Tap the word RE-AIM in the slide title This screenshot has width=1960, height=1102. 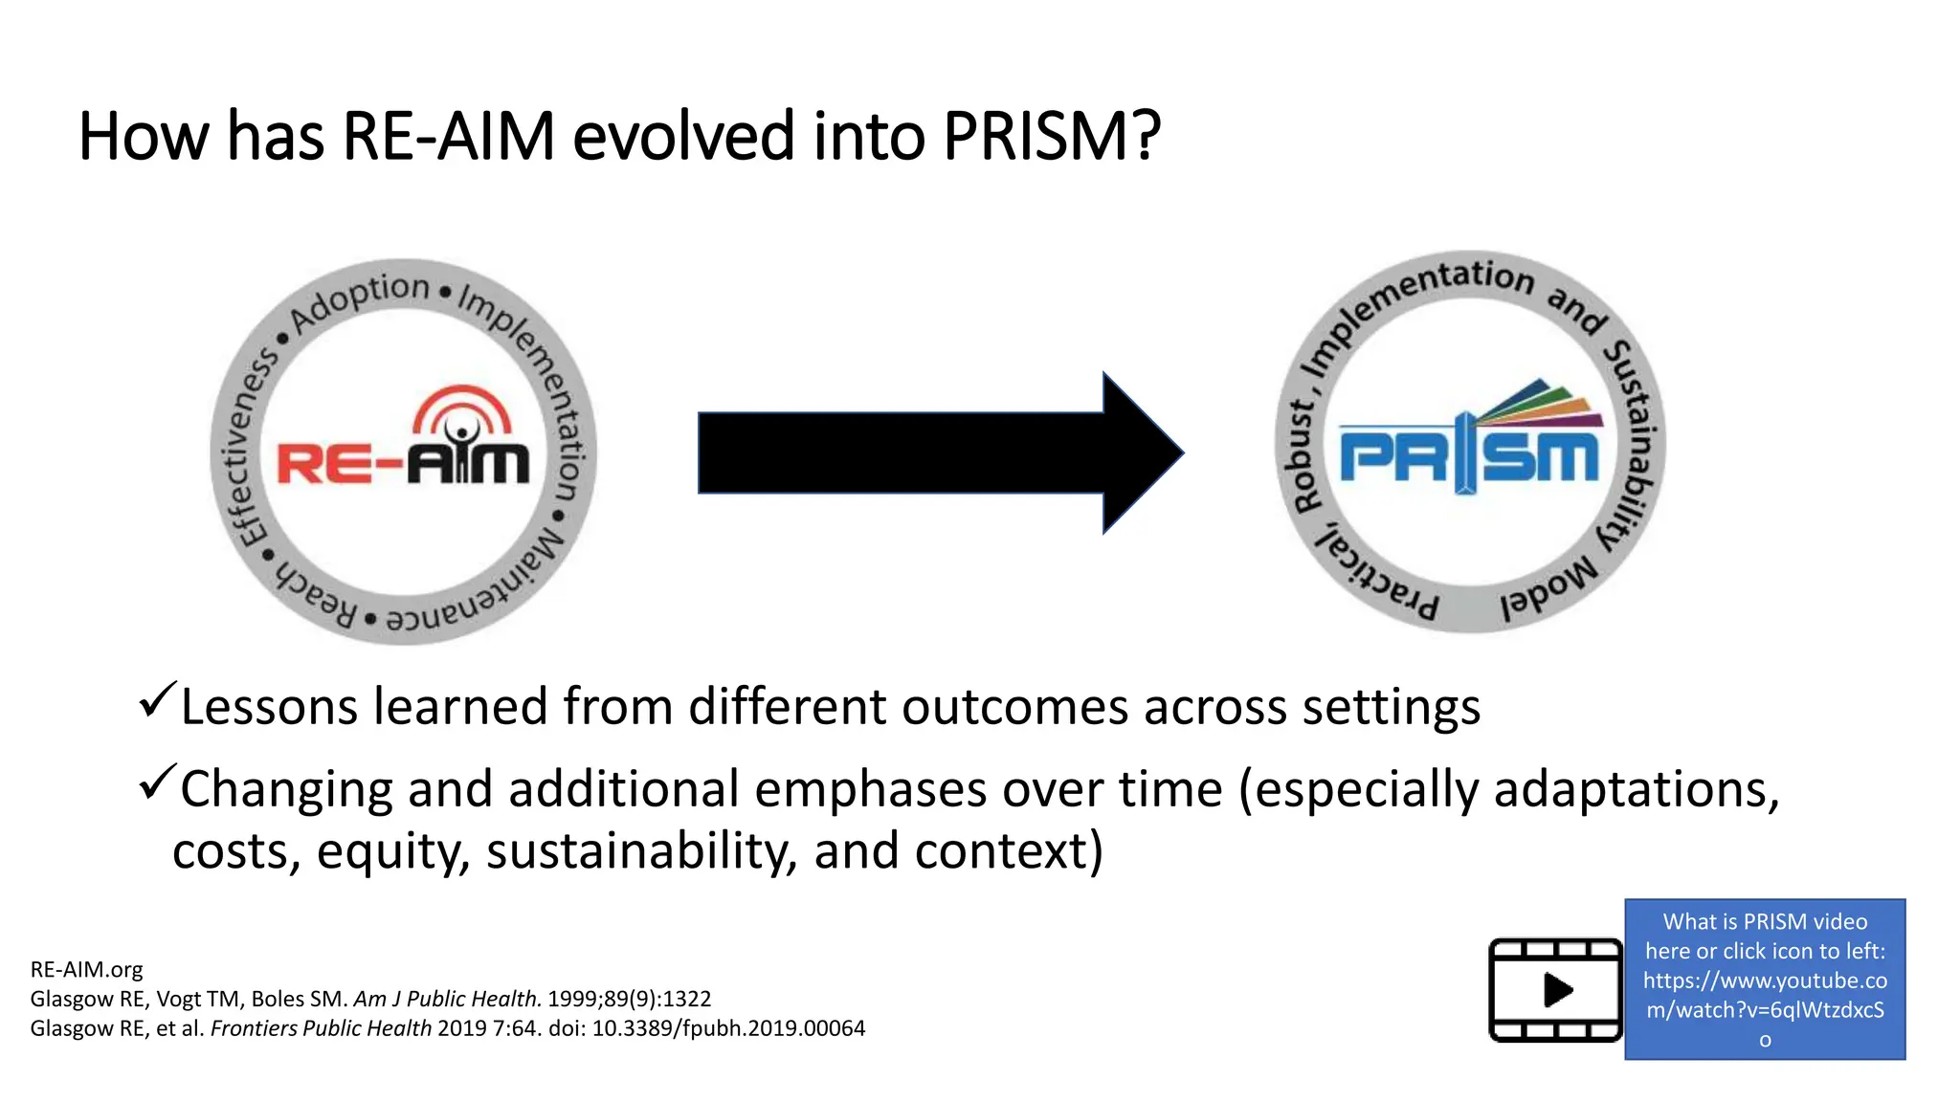coord(448,136)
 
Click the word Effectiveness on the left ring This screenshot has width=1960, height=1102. coord(243,449)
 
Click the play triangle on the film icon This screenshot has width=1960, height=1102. coord(1557,989)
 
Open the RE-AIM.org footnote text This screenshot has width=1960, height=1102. coord(86,969)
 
